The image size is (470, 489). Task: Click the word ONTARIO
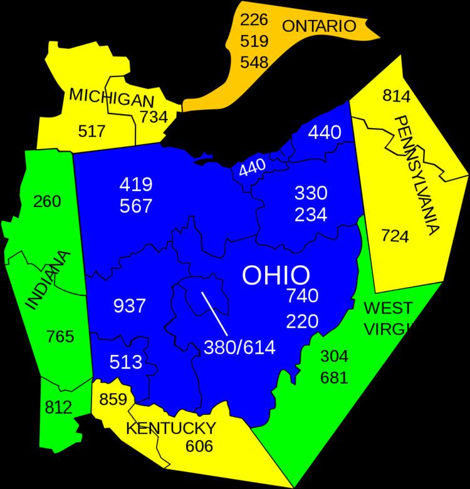(x=318, y=26)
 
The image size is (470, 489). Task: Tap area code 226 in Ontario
(x=254, y=19)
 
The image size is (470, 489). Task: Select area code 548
(x=254, y=62)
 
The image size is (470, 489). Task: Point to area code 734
(x=153, y=117)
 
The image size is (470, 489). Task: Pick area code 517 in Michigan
(x=92, y=131)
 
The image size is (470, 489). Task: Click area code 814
(x=395, y=96)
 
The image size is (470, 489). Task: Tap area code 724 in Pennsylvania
(x=395, y=236)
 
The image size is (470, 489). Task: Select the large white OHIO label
(x=276, y=275)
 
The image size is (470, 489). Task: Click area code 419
(x=136, y=184)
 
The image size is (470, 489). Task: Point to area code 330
(x=311, y=192)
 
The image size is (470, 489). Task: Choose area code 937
(x=130, y=306)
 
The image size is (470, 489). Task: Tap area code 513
(x=125, y=362)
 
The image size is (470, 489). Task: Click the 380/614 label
(x=239, y=347)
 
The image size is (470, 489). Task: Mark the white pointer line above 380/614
(x=214, y=313)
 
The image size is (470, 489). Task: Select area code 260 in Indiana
(x=48, y=202)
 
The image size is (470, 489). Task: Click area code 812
(x=60, y=407)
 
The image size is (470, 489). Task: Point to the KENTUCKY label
(x=171, y=429)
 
